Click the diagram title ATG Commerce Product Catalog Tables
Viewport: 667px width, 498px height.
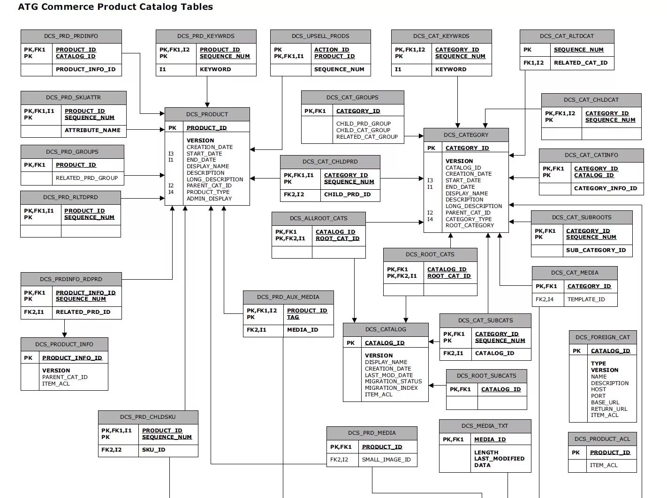[x=115, y=7]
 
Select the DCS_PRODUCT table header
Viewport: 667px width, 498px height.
[x=207, y=114]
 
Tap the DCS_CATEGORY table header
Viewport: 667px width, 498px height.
[x=466, y=135]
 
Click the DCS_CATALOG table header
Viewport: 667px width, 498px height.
[x=386, y=329]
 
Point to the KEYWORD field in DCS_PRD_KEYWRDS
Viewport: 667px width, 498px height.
[x=215, y=69]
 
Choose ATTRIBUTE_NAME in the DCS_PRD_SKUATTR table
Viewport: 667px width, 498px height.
[x=92, y=130]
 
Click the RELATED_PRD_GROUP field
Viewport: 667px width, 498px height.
[x=87, y=178]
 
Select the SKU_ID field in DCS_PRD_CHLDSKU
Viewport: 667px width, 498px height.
[x=154, y=450]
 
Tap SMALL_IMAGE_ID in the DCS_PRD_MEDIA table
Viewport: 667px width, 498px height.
[x=386, y=460]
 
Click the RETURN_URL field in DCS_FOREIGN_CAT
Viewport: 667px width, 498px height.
[x=609, y=409]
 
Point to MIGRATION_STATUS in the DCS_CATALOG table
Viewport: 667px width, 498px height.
[x=393, y=381]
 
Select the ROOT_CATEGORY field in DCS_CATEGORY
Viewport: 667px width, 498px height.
[x=470, y=225]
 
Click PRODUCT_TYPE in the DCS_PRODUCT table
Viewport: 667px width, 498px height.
[x=208, y=192]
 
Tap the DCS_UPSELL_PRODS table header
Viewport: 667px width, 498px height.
[x=320, y=36]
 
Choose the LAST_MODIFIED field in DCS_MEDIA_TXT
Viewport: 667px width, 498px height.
[x=499, y=459]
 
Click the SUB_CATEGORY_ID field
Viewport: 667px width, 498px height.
[x=596, y=250]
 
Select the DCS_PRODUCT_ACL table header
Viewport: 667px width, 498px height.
[x=602, y=439]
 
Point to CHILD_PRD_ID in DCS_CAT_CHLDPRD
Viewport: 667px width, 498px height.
[x=347, y=194]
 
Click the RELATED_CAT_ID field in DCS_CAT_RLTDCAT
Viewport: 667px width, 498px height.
[x=580, y=63]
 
